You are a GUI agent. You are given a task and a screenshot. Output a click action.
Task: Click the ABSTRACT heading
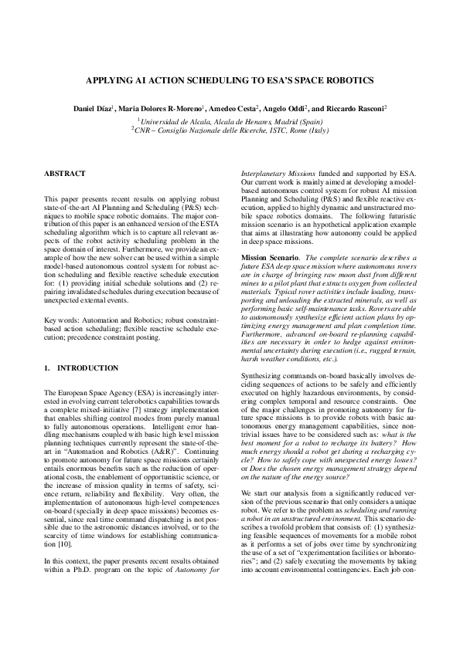pyautogui.click(x=65, y=174)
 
